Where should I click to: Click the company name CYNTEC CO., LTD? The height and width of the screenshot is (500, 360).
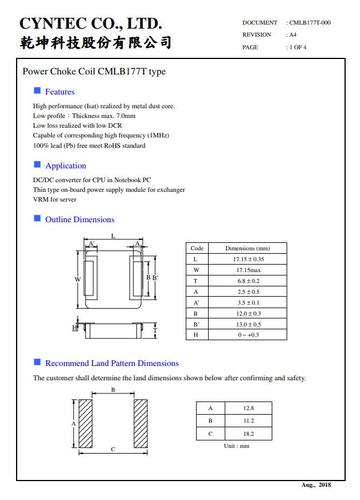pos(91,23)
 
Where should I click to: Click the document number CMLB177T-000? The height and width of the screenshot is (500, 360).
pos(310,23)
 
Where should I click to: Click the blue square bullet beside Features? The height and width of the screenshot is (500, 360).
pos(37,91)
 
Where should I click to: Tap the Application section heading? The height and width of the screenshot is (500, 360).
pos(65,166)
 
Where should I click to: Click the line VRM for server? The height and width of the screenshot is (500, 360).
pos(54,199)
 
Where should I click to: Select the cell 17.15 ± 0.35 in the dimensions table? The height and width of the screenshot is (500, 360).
pos(247,259)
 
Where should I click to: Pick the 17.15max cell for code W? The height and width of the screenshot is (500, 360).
pos(247,270)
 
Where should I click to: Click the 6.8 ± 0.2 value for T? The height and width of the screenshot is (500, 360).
pos(247,281)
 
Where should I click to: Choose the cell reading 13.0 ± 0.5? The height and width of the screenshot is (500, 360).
pos(247,324)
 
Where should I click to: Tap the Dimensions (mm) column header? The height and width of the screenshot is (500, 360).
pos(247,249)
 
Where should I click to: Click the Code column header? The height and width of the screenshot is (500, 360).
pos(197,249)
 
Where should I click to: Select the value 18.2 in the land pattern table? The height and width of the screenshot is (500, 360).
pos(248,434)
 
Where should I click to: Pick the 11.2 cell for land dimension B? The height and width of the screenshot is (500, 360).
pos(248,421)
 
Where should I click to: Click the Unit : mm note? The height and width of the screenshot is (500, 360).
pos(236,446)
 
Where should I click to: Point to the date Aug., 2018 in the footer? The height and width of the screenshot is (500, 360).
pos(316,485)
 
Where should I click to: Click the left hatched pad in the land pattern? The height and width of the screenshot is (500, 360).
pos(85,424)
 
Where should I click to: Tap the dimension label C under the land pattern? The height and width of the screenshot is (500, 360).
pos(113,449)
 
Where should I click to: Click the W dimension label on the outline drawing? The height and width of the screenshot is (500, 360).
pos(77,279)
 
